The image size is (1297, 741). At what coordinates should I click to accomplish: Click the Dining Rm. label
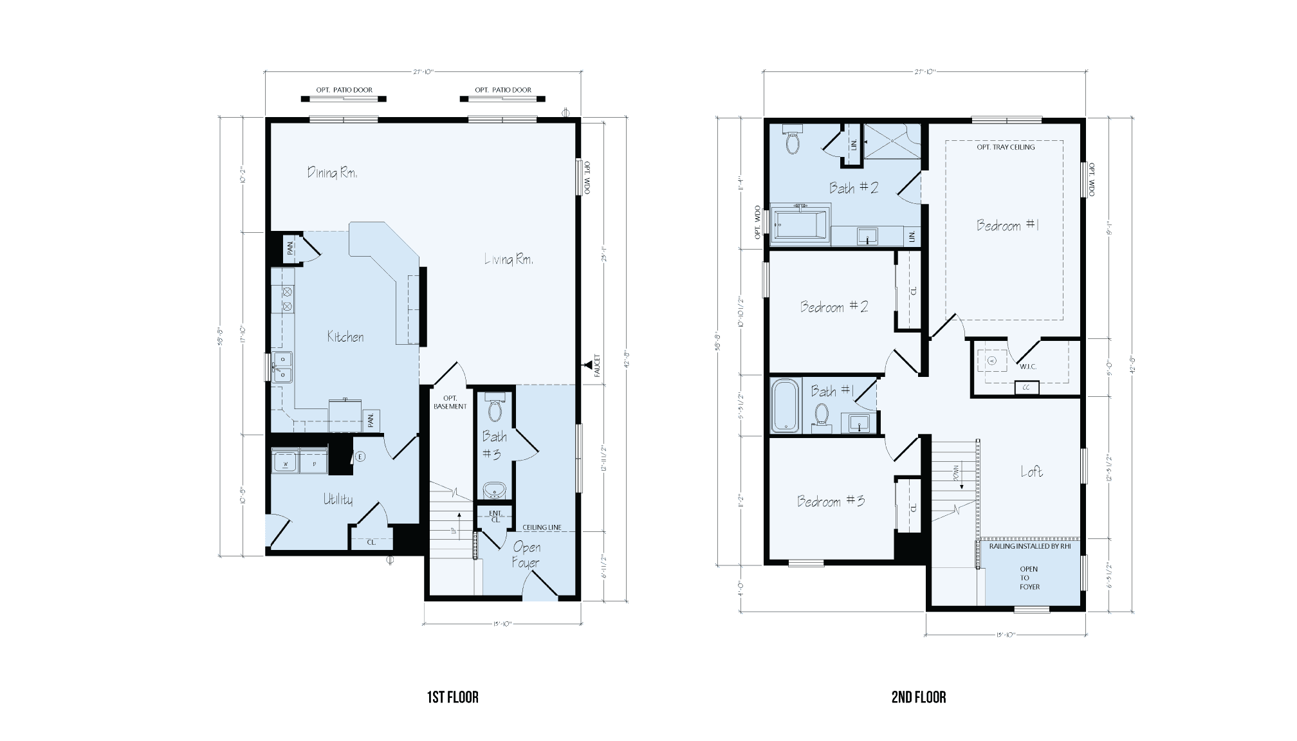click(x=332, y=172)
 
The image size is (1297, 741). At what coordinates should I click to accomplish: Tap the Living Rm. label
click(x=508, y=259)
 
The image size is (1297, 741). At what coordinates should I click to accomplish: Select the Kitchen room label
click(x=345, y=336)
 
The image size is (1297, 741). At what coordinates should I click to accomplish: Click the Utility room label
click(x=338, y=499)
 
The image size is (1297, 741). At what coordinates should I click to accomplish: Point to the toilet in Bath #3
click(x=495, y=409)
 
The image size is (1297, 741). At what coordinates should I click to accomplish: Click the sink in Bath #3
click(x=495, y=490)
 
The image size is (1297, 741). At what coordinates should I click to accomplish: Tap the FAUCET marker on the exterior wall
click(x=587, y=365)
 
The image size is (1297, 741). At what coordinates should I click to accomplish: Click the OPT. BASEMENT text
click(x=450, y=402)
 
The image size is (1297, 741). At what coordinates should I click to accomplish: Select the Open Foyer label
click(x=526, y=554)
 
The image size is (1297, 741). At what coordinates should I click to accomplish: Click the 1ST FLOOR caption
click(x=453, y=697)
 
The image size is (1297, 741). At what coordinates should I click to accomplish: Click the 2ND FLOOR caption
click(x=919, y=697)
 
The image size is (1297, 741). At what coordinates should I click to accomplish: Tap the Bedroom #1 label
click(x=1007, y=225)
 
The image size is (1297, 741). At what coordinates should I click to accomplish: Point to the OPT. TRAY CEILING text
click(x=1006, y=147)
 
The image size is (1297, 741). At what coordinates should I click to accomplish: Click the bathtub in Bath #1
click(x=785, y=405)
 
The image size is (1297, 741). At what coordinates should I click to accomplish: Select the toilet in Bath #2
click(x=792, y=140)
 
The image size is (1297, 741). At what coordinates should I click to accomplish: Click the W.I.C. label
click(x=1027, y=367)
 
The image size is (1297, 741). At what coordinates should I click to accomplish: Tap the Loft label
click(x=1031, y=471)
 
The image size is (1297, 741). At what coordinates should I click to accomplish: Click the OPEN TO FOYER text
click(x=1029, y=578)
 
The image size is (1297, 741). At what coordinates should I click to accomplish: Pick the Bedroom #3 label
click(x=831, y=501)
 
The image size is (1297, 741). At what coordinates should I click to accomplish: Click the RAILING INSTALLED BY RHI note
click(x=1029, y=546)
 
